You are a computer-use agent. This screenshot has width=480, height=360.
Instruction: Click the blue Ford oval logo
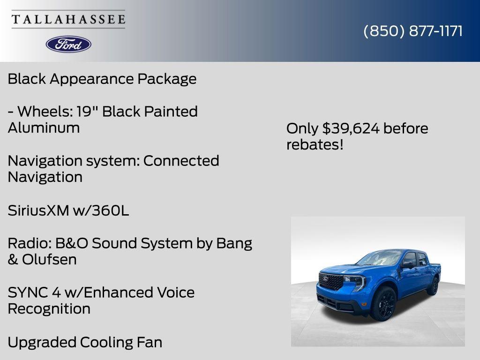[x=68, y=44]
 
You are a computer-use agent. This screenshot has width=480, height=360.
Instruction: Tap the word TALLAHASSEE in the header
[x=68, y=20]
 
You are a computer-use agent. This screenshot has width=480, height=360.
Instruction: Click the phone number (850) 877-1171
[x=413, y=31]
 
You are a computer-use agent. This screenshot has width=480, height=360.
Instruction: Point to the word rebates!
[x=315, y=145]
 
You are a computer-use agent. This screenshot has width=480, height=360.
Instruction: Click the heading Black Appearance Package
[x=102, y=79]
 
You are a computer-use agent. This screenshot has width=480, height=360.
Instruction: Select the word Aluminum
[x=44, y=128]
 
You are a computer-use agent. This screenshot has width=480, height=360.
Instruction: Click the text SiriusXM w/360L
[x=68, y=211]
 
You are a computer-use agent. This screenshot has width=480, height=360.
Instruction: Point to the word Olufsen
[x=49, y=260]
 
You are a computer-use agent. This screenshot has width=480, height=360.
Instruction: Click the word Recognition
[x=49, y=309]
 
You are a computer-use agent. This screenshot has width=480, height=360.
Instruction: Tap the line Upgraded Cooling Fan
[x=85, y=342]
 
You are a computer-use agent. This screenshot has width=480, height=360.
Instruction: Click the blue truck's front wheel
[x=383, y=304]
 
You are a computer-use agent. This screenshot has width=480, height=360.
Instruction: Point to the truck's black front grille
[x=331, y=281]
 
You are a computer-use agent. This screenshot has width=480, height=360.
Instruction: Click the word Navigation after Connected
[x=45, y=177]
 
